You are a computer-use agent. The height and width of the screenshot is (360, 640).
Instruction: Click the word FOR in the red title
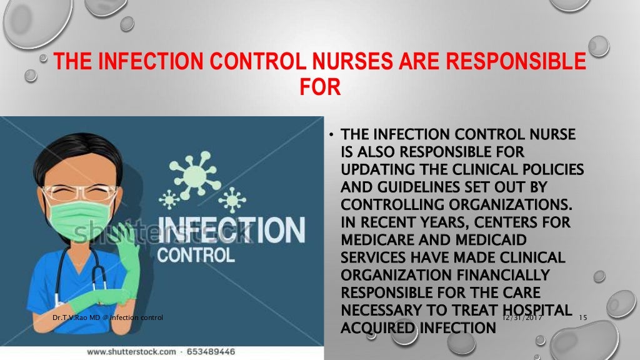(320, 86)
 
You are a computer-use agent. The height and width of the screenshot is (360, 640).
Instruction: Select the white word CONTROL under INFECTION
(196, 255)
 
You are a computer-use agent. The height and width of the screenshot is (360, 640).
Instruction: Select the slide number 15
(584, 318)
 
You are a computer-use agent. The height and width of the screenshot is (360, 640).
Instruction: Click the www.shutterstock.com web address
(131, 352)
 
